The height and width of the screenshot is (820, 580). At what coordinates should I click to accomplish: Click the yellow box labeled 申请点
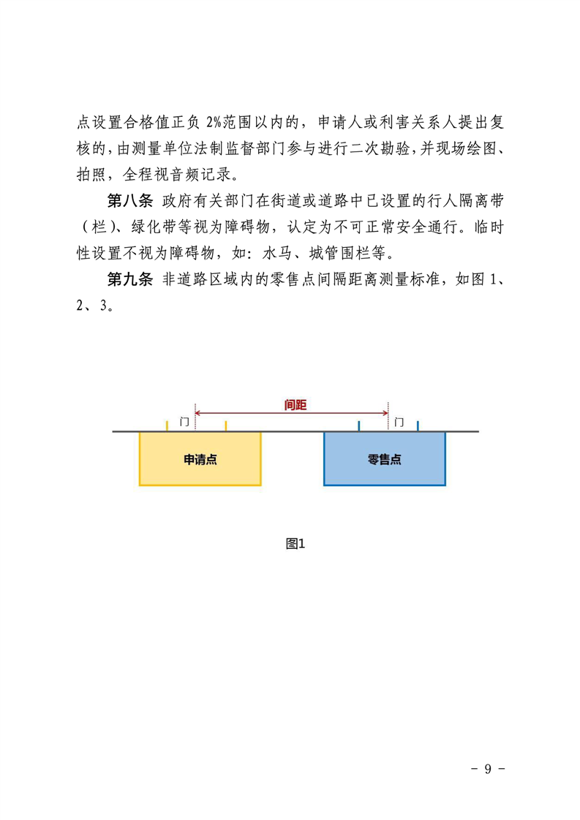(200, 459)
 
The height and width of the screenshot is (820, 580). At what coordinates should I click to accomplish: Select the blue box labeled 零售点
(385, 459)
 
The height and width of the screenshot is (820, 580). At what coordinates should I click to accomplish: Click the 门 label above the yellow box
(184, 422)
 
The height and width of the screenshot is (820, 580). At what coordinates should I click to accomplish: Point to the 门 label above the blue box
(399, 422)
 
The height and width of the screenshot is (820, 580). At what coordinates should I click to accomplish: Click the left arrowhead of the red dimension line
(199, 413)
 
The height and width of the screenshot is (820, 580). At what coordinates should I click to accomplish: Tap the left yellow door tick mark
(167, 425)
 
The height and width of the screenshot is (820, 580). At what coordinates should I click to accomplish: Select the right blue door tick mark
(418, 425)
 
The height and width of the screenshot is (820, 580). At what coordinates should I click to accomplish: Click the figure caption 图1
(295, 544)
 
